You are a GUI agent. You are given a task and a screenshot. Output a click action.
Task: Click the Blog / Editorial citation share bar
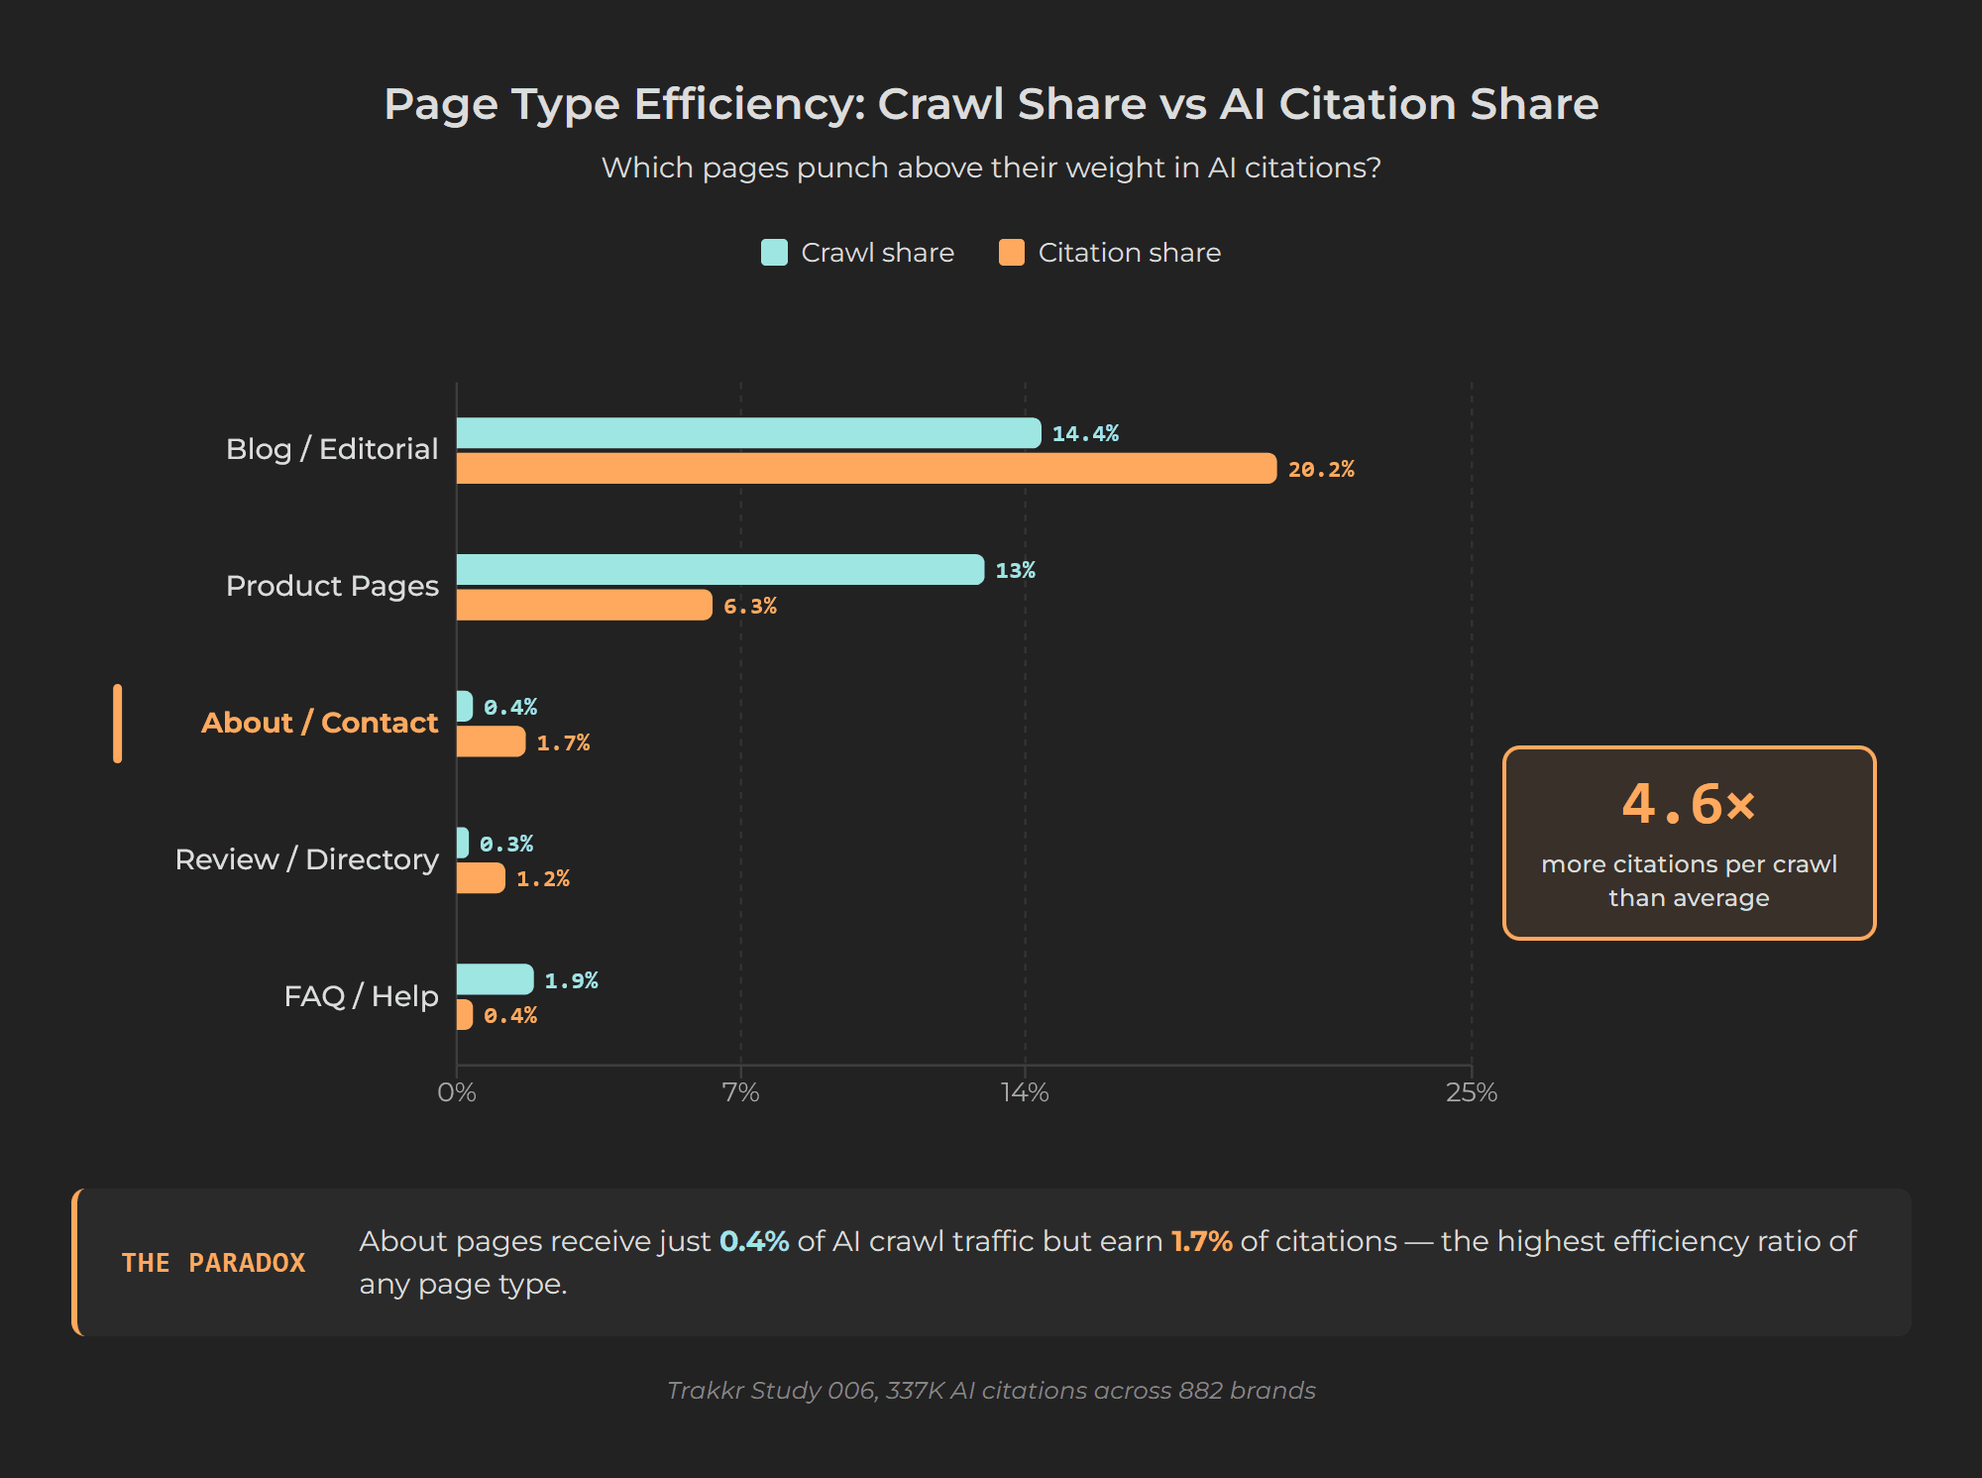(865, 469)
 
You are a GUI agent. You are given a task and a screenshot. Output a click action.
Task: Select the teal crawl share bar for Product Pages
(719, 570)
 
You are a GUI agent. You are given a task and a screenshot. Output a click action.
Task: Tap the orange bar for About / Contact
(491, 741)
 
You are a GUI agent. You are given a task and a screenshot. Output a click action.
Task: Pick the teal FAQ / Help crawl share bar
(495, 979)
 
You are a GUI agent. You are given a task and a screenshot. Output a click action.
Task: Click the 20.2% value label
(1320, 470)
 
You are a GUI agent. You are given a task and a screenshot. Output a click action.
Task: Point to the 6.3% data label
(749, 606)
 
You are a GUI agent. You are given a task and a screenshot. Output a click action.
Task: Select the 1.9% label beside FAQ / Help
(571, 980)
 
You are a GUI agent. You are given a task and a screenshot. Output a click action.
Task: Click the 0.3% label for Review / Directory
(506, 844)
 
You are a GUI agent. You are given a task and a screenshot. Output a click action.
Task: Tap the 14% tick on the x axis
(1024, 1092)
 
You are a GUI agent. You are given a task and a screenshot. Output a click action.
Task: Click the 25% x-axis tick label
(1471, 1092)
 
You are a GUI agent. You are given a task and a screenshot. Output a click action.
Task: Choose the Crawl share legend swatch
(774, 253)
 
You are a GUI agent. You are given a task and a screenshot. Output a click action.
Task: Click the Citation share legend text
(1129, 253)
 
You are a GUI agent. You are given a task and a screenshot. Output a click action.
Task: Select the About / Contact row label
(319, 723)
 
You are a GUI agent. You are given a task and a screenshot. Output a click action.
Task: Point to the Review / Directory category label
(306, 859)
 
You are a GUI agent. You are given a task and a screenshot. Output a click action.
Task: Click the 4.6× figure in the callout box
(1688, 804)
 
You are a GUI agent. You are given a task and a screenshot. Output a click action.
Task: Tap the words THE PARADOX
(213, 1263)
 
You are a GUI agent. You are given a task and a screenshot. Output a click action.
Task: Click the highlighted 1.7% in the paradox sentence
(1201, 1241)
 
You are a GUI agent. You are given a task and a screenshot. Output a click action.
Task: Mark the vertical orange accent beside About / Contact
(118, 724)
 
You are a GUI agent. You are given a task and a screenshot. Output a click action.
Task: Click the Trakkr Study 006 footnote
(991, 1391)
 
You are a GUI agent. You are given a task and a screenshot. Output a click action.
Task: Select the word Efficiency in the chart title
(749, 104)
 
